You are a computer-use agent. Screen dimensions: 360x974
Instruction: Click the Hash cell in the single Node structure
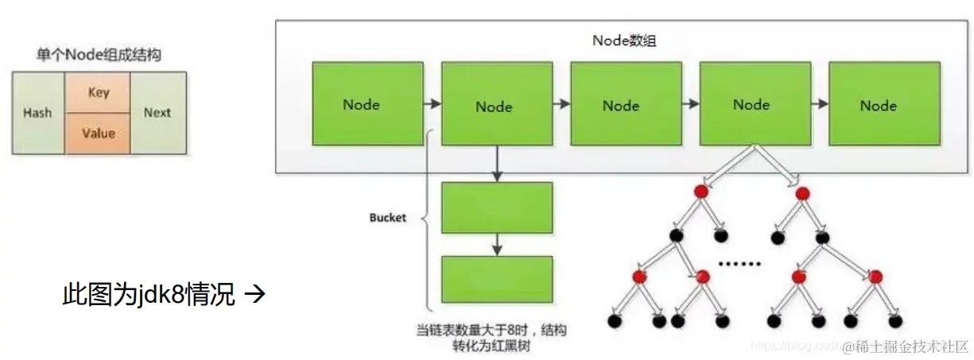pos(37,112)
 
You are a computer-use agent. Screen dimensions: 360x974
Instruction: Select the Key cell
pos(99,92)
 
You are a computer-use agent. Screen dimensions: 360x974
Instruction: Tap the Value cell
pos(99,133)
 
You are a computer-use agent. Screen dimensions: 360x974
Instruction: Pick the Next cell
pos(157,112)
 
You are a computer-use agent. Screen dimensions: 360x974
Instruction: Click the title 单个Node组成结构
pos(100,55)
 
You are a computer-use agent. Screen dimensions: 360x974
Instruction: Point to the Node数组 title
pos(625,41)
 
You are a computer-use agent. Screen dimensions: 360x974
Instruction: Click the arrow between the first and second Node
pos(432,104)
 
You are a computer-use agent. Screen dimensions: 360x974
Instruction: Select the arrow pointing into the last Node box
pos(819,104)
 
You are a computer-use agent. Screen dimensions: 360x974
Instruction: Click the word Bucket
pos(388,217)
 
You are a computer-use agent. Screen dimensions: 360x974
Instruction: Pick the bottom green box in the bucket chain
pos(497,279)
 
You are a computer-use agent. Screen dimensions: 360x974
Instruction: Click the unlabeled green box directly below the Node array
pos(497,207)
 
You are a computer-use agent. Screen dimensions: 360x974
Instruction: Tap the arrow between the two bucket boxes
pos(497,244)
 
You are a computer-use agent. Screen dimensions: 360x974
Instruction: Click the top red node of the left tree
pos(700,192)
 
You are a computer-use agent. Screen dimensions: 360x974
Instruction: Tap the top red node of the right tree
pos(802,192)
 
